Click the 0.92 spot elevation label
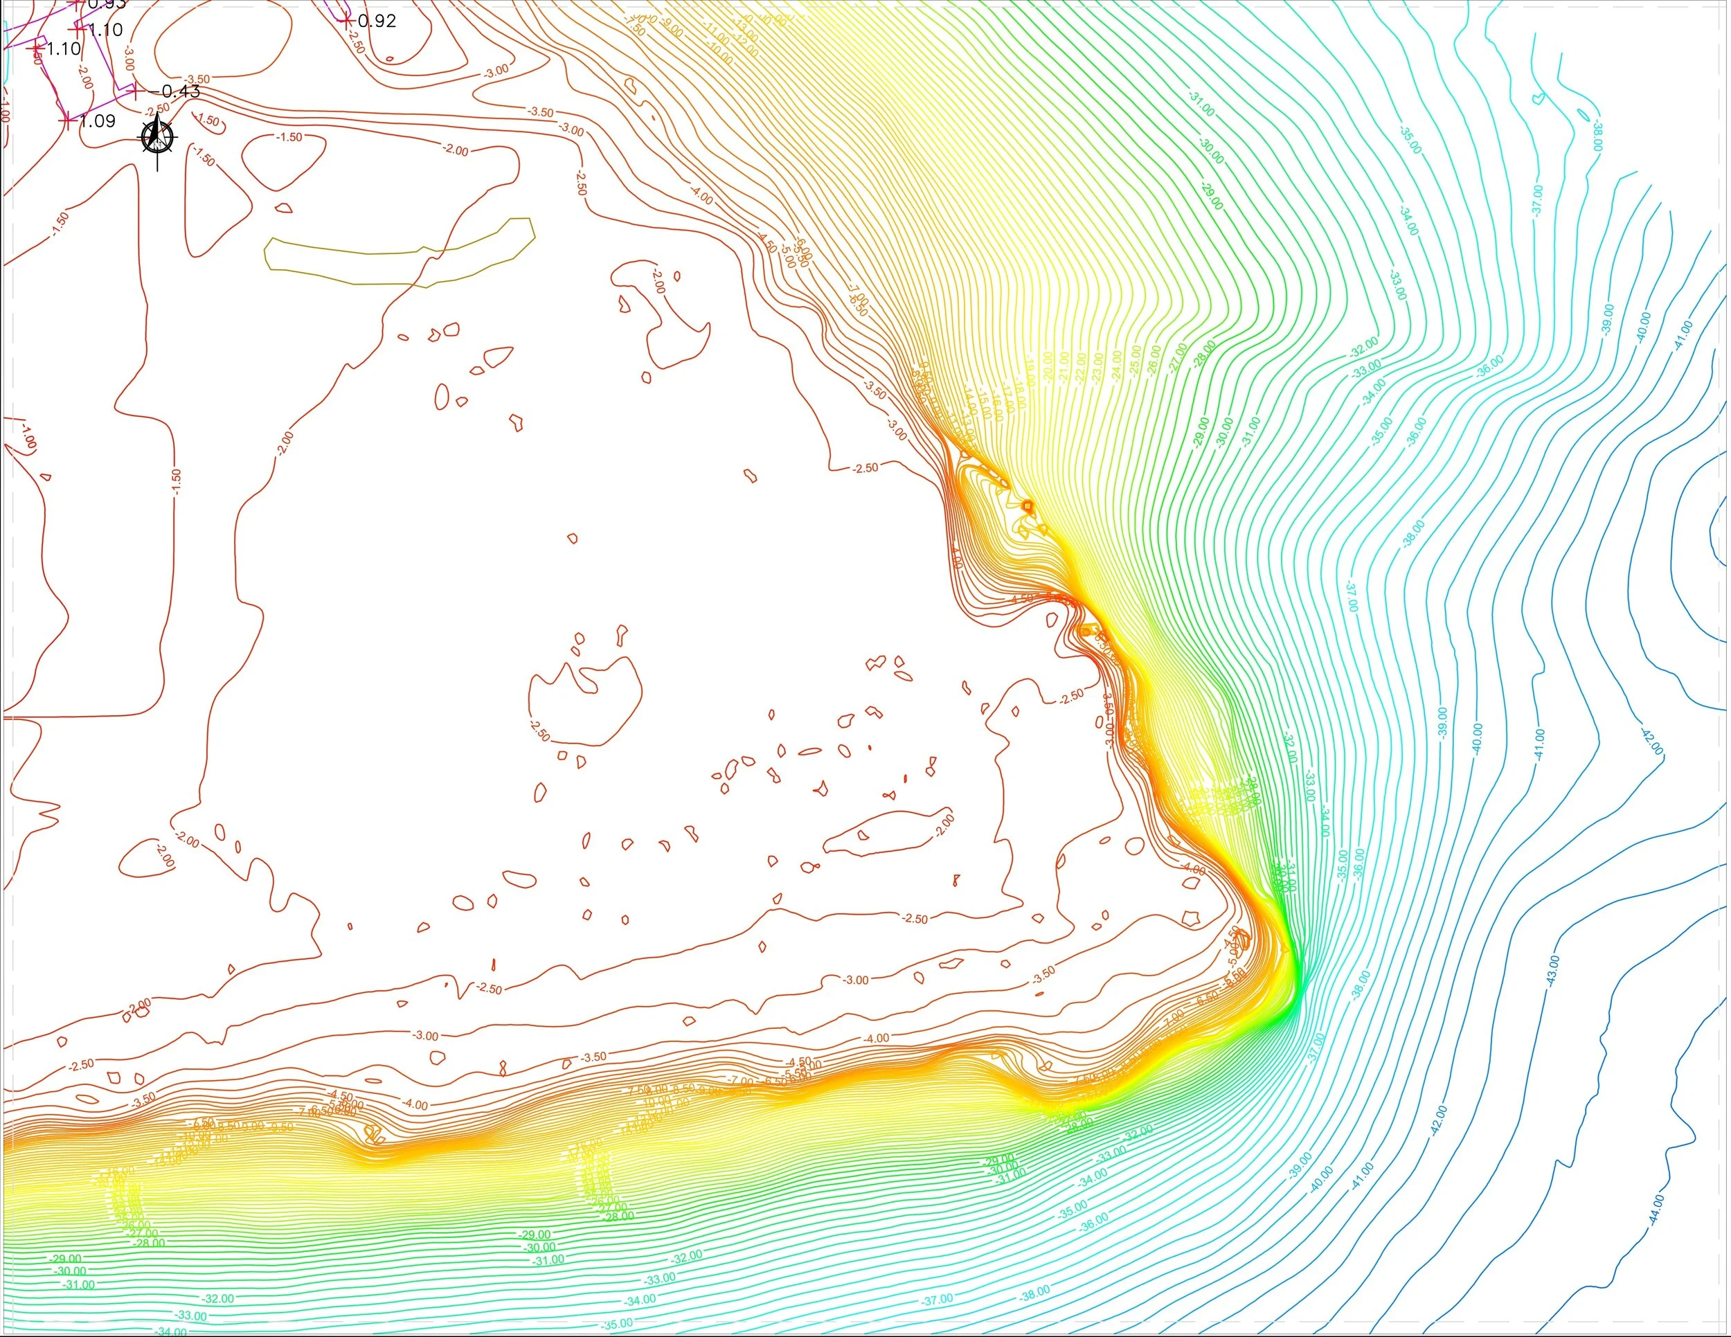point(377,21)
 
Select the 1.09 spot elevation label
point(98,120)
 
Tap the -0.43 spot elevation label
point(180,91)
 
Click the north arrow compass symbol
point(158,138)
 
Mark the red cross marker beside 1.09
point(66,121)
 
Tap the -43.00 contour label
point(1552,971)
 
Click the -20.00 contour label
point(1048,368)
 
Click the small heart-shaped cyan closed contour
point(1539,98)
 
